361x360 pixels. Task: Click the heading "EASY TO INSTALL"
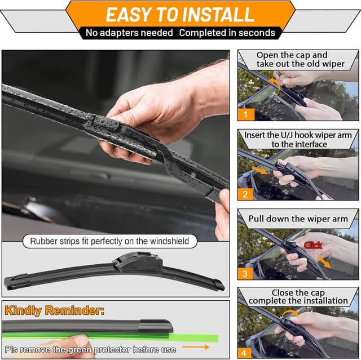(x=180, y=14)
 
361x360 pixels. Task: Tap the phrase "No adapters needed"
(x=129, y=33)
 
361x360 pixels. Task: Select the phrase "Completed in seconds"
(x=227, y=33)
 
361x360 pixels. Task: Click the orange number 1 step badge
(x=246, y=113)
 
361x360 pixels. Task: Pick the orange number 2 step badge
(x=246, y=194)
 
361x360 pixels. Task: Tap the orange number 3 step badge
(x=246, y=274)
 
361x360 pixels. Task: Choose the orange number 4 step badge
(x=246, y=353)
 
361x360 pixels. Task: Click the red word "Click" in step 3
(x=313, y=245)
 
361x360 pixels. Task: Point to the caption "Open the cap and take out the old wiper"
(x=300, y=59)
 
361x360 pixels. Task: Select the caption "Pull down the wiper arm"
(x=300, y=219)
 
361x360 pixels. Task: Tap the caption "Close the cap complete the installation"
(x=298, y=296)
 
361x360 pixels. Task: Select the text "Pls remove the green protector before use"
(x=90, y=350)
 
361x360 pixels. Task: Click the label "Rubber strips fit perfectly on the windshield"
(x=110, y=242)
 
